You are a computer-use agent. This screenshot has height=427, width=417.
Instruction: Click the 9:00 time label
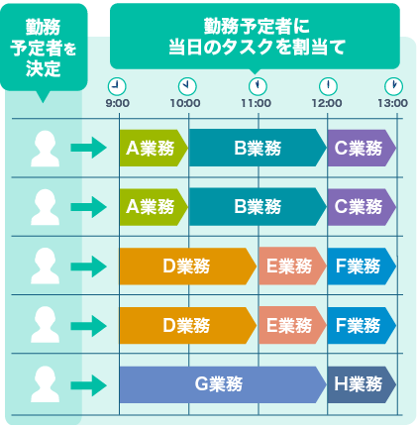click(117, 103)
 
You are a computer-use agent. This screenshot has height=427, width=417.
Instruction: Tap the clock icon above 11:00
click(258, 86)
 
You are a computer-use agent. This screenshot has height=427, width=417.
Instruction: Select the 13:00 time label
click(392, 103)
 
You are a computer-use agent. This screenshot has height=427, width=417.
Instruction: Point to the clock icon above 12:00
click(328, 86)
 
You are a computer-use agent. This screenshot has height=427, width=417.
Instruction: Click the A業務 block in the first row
click(154, 148)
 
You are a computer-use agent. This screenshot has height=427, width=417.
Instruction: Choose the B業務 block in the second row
click(258, 207)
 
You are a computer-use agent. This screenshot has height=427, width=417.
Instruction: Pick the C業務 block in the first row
click(362, 148)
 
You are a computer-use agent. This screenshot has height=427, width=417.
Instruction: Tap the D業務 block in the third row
click(188, 267)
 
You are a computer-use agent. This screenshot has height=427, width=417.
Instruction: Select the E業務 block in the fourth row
click(292, 325)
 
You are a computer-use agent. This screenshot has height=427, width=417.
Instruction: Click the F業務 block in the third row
click(362, 267)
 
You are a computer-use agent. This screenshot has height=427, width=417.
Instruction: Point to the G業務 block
click(223, 384)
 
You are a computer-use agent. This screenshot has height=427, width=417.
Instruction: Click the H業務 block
click(362, 384)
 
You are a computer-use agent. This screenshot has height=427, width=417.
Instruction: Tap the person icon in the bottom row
click(45, 384)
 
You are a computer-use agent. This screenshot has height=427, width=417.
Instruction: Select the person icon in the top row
click(45, 149)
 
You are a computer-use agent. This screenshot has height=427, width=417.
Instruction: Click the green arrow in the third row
click(88, 267)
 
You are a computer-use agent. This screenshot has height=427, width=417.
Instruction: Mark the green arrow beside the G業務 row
click(88, 385)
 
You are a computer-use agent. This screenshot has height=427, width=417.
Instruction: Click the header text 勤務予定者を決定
click(44, 48)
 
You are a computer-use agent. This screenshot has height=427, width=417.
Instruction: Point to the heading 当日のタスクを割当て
click(257, 47)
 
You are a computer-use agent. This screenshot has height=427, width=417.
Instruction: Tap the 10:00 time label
click(185, 103)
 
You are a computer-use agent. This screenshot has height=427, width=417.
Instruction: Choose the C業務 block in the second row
click(362, 207)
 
